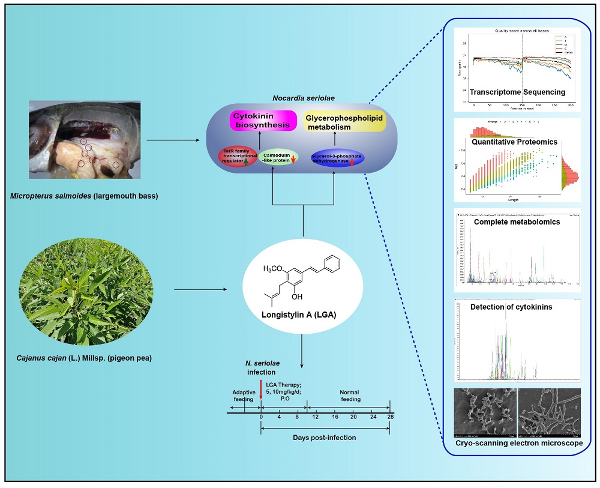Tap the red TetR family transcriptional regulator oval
click(x=238, y=158)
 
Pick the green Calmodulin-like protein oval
click(x=278, y=158)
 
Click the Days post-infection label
click(x=324, y=438)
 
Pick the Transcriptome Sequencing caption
click(x=517, y=92)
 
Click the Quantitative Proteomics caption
click(x=514, y=142)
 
